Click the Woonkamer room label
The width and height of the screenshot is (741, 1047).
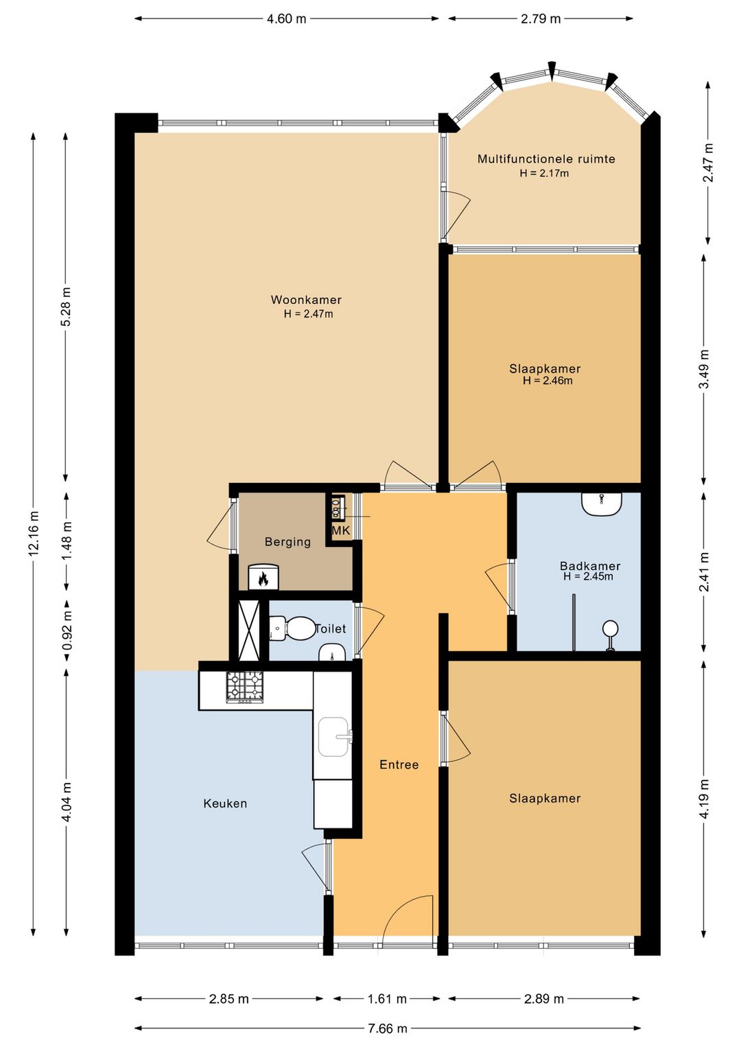click(306, 300)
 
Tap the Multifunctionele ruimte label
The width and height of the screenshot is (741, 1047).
click(546, 159)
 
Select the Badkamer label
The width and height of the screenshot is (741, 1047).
click(590, 566)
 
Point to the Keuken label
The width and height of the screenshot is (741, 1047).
click(225, 803)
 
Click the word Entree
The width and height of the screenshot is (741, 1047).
click(399, 765)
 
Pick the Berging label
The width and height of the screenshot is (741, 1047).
click(287, 542)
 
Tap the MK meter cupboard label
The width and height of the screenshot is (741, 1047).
click(341, 530)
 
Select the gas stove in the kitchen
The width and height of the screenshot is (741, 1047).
click(244, 687)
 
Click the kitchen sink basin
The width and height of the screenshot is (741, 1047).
click(333, 737)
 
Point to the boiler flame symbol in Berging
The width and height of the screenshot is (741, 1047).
click(263, 580)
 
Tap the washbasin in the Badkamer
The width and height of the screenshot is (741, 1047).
click(602, 504)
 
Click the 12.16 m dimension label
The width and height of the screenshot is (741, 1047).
click(34, 533)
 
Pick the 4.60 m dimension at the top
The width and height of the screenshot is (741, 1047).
click(286, 19)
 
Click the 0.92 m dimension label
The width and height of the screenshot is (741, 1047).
click(67, 631)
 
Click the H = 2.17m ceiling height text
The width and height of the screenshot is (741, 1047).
click(544, 174)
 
